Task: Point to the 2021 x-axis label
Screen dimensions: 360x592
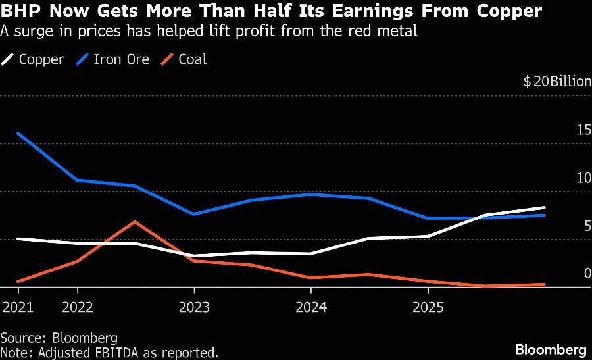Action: [18, 307]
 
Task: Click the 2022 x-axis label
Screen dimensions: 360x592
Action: [78, 307]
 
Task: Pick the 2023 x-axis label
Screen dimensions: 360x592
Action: [194, 307]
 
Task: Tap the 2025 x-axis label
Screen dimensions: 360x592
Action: [428, 307]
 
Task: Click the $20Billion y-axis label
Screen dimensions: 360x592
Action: [557, 82]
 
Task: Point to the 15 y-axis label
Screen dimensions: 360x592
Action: [583, 130]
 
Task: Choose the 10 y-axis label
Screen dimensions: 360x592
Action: [583, 178]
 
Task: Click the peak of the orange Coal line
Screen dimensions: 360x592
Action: [135, 222]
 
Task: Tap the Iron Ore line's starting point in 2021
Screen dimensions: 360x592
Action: [18, 133]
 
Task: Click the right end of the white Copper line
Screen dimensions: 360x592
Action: [545, 208]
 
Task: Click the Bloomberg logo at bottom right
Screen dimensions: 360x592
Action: [551, 349]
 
